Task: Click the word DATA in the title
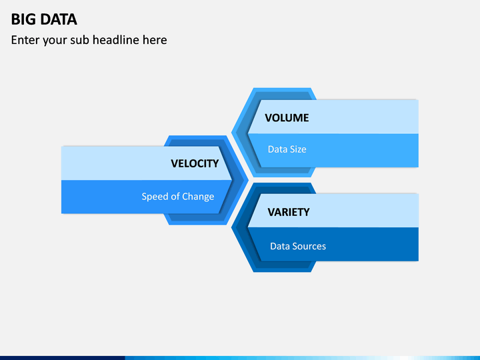pos(59,19)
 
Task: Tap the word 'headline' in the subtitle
pos(116,40)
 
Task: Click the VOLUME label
pos(287,118)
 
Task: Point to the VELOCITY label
pos(195,163)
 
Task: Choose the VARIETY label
pos(289,212)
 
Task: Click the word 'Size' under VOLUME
pos(297,149)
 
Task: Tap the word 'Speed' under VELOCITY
pos(155,197)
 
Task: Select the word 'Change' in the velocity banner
pos(198,197)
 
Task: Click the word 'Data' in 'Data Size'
pos(277,149)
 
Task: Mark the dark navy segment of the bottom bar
pos(63,358)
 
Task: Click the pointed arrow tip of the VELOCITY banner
pos(232,180)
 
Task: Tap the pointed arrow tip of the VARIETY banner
pos(248,227)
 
